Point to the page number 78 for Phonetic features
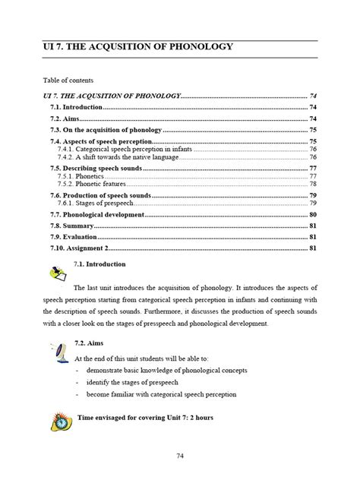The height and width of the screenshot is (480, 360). pos(312,185)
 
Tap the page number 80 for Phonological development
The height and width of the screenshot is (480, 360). pos(312,215)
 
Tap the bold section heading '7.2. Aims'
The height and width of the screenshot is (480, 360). pos(90,344)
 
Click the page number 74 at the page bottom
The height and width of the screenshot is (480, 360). pos(179,456)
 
